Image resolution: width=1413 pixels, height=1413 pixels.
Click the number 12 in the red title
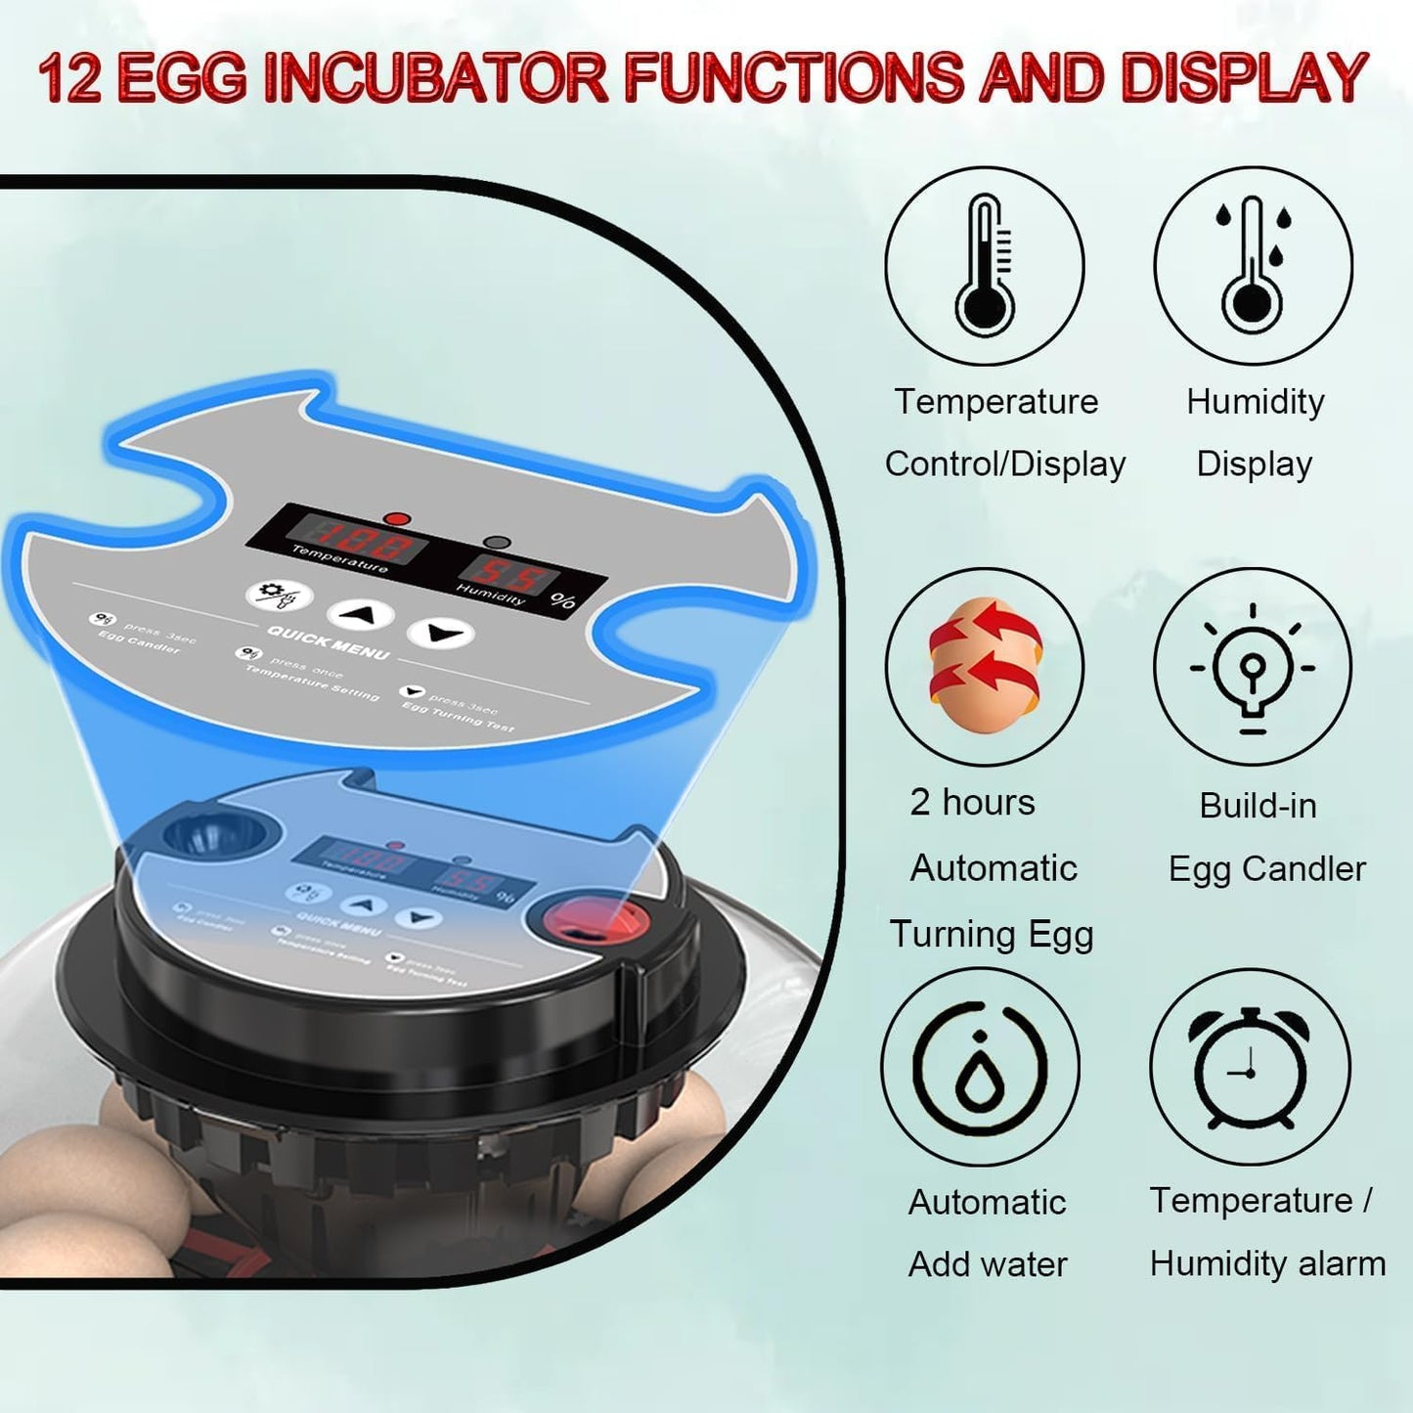pyautogui.click(x=70, y=78)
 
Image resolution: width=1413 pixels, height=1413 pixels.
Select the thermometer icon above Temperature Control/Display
pyautogui.click(x=985, y=266)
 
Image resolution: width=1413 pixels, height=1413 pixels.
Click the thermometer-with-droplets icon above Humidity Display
pyautogui.click(x=1253, y=266)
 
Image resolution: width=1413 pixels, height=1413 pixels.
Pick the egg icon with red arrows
pyautogui.click(x=985, y=666)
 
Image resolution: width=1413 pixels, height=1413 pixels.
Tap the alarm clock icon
pyautogui.click(x=1250, y=1068)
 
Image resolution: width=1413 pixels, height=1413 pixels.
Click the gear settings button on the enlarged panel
pyautogui.click(x=279, y=594)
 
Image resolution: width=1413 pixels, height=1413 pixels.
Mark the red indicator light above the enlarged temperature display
pyautogui.click(x=397, y=518)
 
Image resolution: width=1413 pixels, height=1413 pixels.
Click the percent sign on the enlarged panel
pyautogui.click(x=563, y=600)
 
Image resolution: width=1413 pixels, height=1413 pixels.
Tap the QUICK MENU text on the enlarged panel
pyautogui.click(x=328, y=642)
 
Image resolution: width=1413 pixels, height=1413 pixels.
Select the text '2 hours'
pyautogui.click(x=972, y=803)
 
